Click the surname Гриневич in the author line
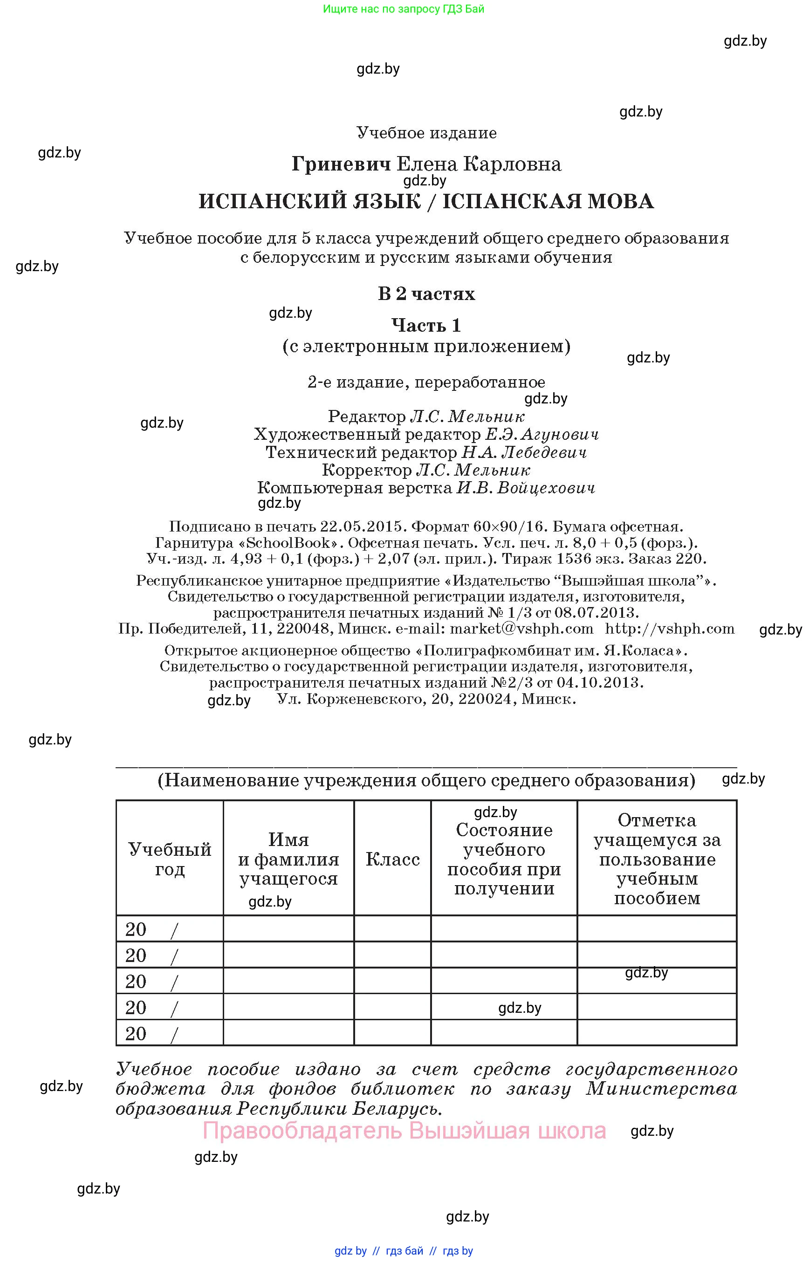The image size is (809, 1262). (341, 164)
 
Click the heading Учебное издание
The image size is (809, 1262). (426, 133)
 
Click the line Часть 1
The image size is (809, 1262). (426, 325)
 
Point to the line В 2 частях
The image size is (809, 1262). (426, 293)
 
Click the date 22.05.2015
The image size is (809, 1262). (361, 526)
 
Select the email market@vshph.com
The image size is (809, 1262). (521, 628)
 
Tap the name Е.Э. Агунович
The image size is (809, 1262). (542, 434)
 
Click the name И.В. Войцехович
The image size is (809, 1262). (525, 488)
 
